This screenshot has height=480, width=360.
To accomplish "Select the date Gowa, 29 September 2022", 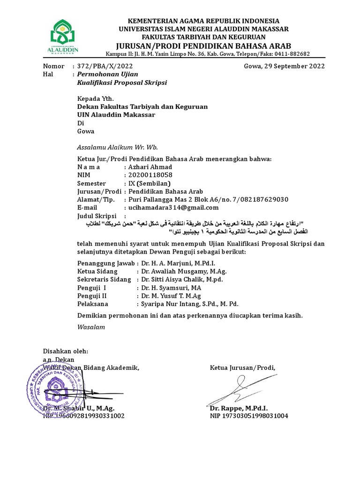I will [284, 66].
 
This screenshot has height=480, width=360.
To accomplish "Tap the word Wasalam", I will [91, 327].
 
